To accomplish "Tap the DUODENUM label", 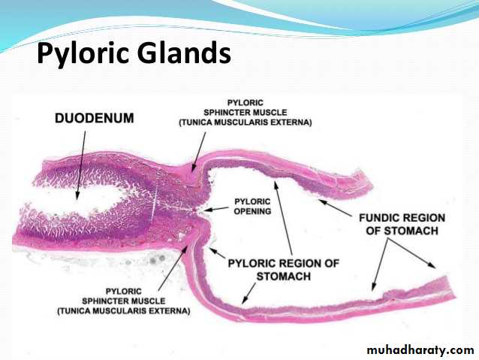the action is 95,118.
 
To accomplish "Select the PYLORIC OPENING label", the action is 252,207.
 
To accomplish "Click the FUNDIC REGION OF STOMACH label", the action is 402,224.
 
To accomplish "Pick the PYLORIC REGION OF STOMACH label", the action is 284,270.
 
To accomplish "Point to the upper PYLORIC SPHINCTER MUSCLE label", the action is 246,113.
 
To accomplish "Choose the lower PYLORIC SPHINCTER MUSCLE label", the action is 124,301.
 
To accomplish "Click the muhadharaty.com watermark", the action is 420,349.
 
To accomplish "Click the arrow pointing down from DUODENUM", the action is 81,165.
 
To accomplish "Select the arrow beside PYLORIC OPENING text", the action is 216,209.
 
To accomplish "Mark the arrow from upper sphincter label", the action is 198,151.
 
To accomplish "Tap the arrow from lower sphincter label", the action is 173,268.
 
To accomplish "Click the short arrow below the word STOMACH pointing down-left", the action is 249,294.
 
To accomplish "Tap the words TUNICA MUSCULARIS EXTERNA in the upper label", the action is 246,123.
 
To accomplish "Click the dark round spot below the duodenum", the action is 152,261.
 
